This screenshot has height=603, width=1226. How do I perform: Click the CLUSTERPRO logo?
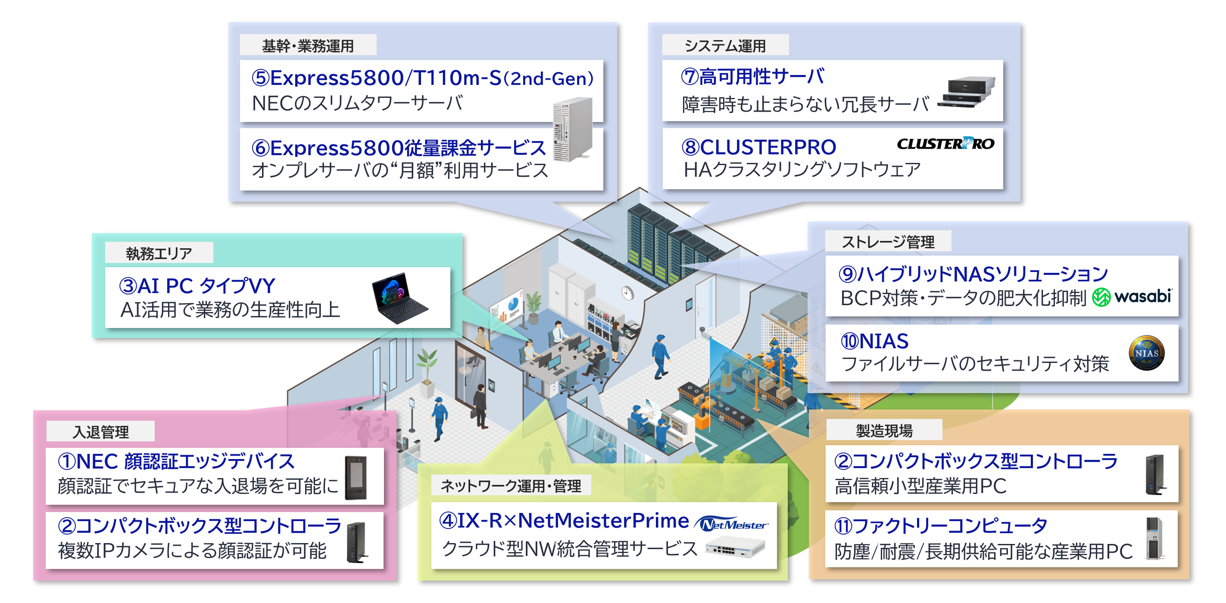coord(945,143)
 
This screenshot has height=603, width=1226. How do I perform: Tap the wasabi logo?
coord(1132,297)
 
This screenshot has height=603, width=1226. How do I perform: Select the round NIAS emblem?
coord(1147,353)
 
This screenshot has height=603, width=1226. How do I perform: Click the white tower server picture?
coord(573,129)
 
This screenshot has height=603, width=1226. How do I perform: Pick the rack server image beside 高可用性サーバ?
coord(967,91)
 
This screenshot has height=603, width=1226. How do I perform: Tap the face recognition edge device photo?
coord(356,477)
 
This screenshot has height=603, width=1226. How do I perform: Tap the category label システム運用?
coord(725,46)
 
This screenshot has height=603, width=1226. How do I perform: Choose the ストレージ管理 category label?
coord(888,242)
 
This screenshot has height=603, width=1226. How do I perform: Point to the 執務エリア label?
coord(159,253)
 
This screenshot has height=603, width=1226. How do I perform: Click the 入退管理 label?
coord(100,431)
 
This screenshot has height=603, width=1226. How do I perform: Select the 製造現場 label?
coord(884,430)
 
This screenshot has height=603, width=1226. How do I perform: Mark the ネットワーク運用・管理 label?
coord(511,485)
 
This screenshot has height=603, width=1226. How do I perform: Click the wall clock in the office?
coord(627,293)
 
